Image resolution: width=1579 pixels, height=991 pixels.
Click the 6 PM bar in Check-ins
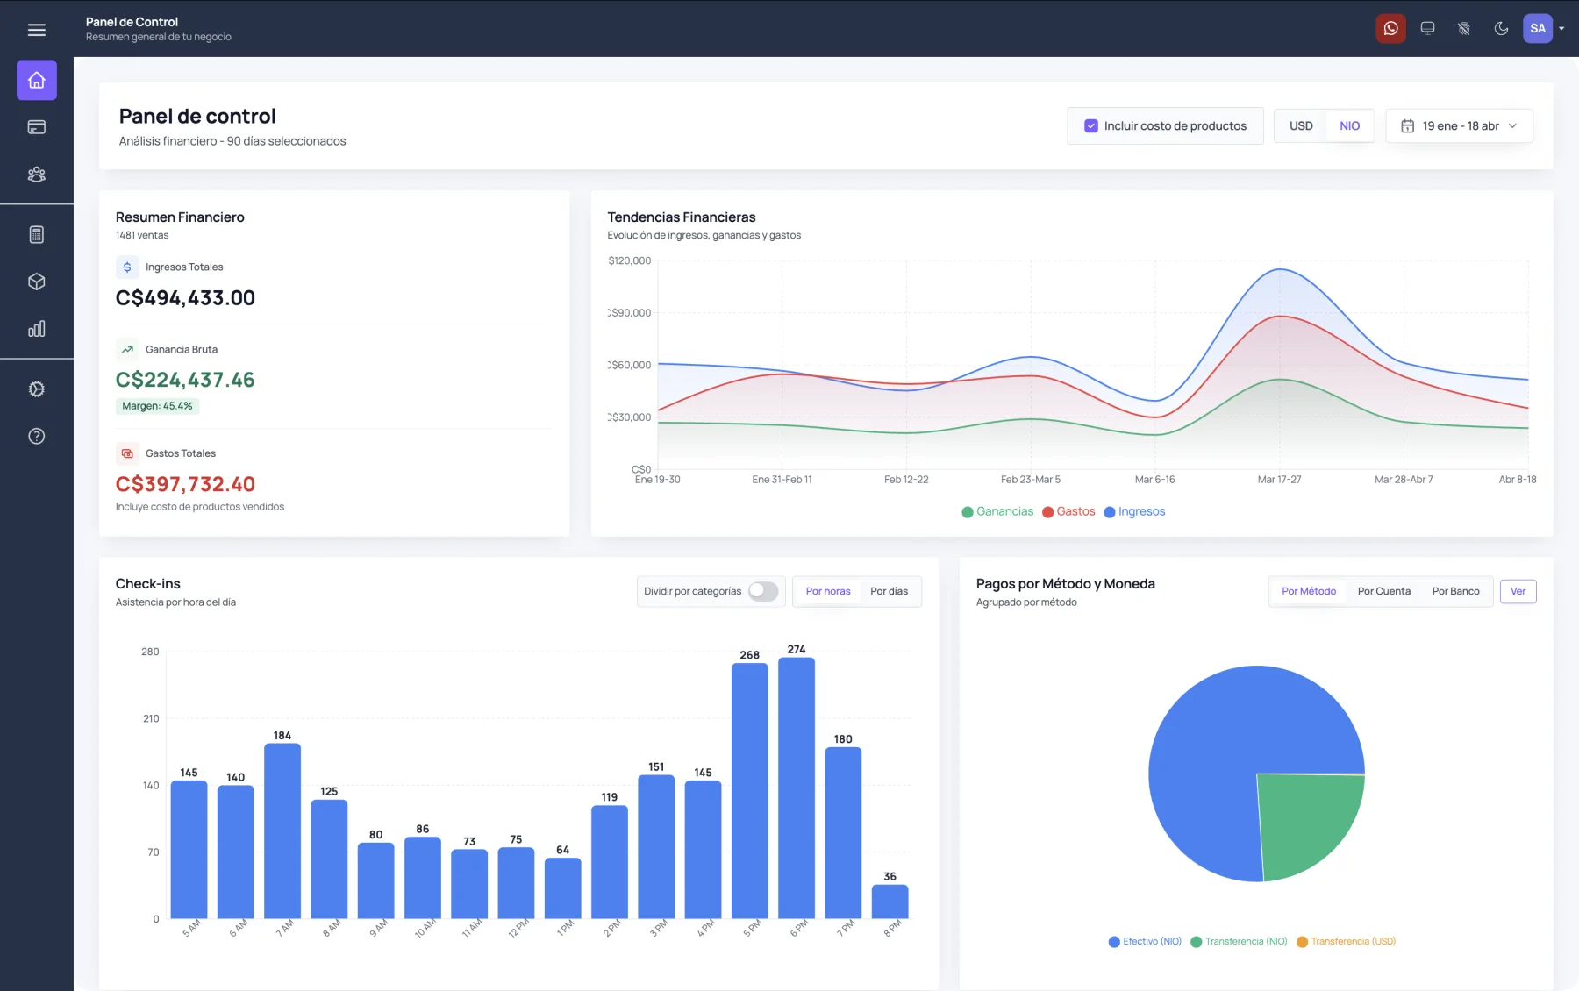[797, 788]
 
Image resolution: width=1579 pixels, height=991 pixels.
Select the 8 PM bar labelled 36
[890, 902]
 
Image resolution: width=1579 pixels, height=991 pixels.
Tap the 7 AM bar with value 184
[282, 831]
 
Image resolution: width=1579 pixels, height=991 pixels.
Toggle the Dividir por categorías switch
[763, 591]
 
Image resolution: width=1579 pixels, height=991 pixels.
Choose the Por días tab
[889, 591]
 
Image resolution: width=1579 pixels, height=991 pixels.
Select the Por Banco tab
[1455, 591]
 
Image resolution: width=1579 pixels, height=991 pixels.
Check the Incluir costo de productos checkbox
[1091, 126]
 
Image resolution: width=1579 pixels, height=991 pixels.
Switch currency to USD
[1301, 126]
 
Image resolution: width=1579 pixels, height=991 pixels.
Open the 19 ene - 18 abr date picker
[1460, 126]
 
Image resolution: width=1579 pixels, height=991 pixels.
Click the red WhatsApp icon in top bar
[1390, 29]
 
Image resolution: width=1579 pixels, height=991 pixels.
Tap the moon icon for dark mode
[1501, 29]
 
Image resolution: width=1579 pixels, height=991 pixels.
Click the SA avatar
[1538, 29]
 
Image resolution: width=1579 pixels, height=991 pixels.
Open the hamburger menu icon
[37, 30]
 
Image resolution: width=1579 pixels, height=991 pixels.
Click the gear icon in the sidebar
[37, 389]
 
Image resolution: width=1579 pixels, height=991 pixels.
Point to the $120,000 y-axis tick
[629, 261]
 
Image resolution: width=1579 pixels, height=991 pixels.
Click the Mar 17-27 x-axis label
[1279, 480]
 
